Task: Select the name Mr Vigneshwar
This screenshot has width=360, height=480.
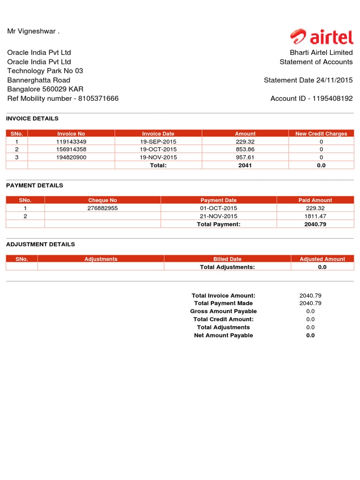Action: tap(33, 31)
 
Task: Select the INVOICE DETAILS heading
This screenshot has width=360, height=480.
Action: tap(32, 119)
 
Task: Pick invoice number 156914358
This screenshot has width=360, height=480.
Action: tap(71, 150)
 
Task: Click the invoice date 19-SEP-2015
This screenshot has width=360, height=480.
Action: tap(158, 142)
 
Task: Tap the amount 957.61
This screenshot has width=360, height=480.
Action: tap(245, 157)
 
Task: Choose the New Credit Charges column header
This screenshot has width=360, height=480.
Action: tap(321, 134)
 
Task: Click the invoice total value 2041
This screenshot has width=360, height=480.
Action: tap(245, 165)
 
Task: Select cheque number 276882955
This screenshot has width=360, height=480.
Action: tap(102, 208)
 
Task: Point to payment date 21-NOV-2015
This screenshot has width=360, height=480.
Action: tap(218, 216)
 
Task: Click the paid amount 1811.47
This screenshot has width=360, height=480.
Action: tap(315, 216)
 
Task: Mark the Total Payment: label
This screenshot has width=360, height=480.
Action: tap(218, 224)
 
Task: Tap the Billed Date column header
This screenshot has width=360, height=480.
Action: tap(227, 259)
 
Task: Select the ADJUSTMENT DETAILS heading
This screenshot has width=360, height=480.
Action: tap(40, 244)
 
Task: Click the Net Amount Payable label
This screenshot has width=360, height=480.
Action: tap(223, 335)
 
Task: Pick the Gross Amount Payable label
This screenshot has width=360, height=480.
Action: tap(223, 311)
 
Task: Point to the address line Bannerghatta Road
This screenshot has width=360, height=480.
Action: tap(38, 80)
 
